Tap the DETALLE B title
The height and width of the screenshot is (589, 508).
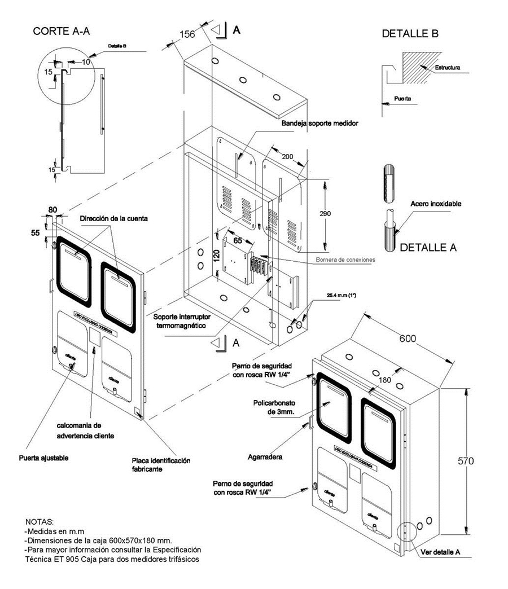pos(410,34)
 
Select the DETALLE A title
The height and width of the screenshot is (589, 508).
pos(427,247)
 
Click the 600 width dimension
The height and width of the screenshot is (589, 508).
pos(409,339)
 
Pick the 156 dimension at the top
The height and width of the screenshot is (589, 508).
pos(187,35)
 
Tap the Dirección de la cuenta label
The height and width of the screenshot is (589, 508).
pos(113,218)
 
